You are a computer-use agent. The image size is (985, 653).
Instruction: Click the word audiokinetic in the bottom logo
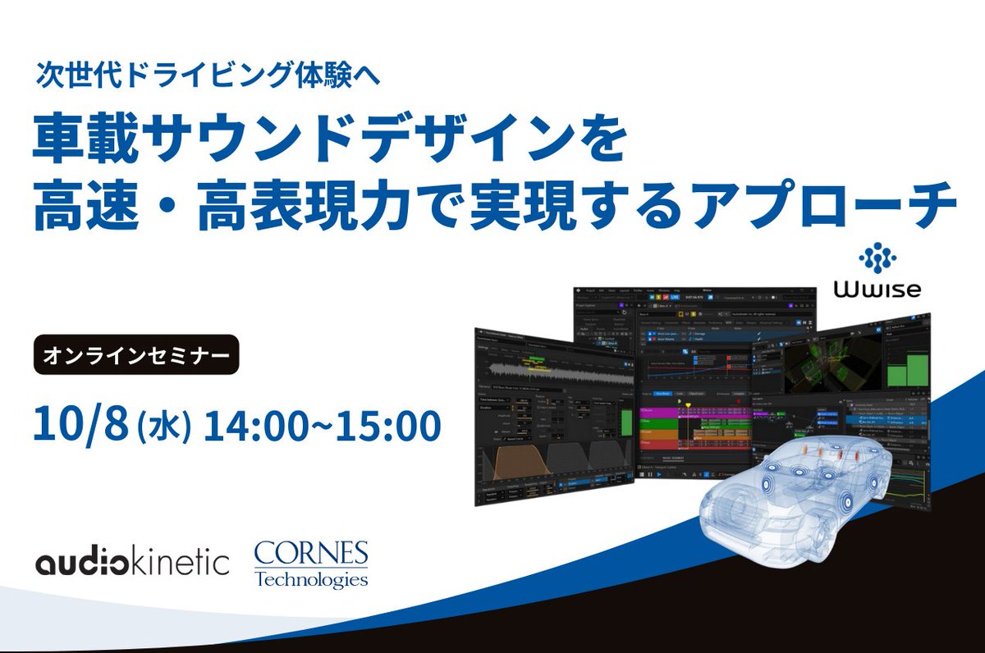(132, 563)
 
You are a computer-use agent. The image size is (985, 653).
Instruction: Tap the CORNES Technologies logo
(310, 563)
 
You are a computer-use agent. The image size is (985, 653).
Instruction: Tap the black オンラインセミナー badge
(136, 354)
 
